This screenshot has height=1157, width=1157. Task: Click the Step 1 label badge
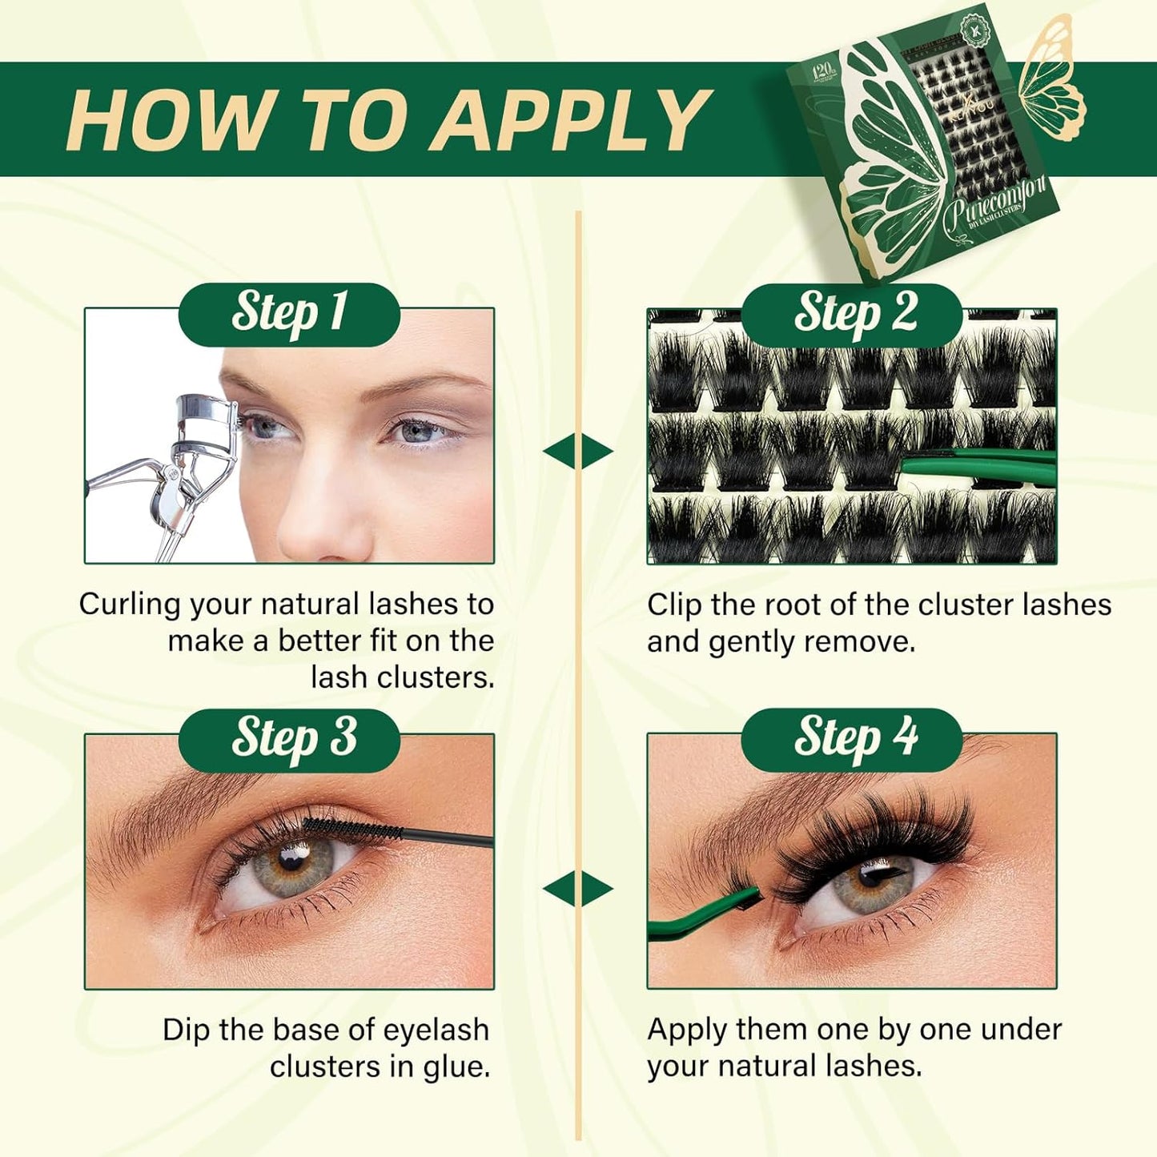[289, 314]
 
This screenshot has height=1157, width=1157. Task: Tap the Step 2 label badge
[854, 314]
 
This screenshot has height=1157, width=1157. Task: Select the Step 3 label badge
[289, 739]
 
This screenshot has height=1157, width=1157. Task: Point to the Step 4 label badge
[854, 739]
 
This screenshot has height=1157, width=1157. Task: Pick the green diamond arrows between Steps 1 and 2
[578, 452]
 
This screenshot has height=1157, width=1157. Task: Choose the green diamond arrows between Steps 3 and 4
[578, 889]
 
